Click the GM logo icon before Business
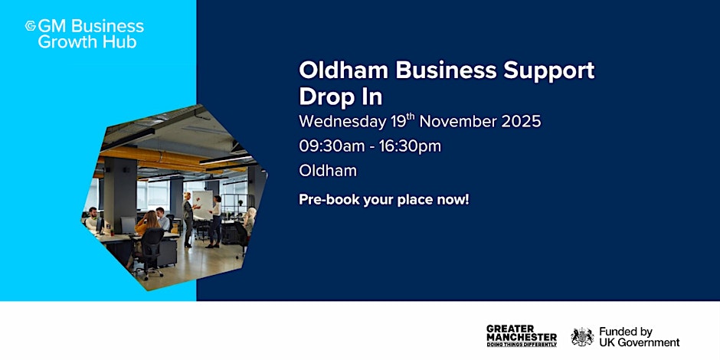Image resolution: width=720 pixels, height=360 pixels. tap(31, 26)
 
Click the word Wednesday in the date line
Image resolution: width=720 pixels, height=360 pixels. tap(342, 123)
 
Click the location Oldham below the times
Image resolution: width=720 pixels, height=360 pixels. tap(327, 171)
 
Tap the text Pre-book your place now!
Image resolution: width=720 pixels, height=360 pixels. tap(384, 200)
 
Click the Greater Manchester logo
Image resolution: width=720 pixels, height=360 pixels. tap(522, 336)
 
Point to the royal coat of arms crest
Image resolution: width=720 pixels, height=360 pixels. tap(582, 336)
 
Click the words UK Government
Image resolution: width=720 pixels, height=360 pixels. tap(639, 342)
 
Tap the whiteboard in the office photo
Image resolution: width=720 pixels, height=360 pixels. tap(202, 204)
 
